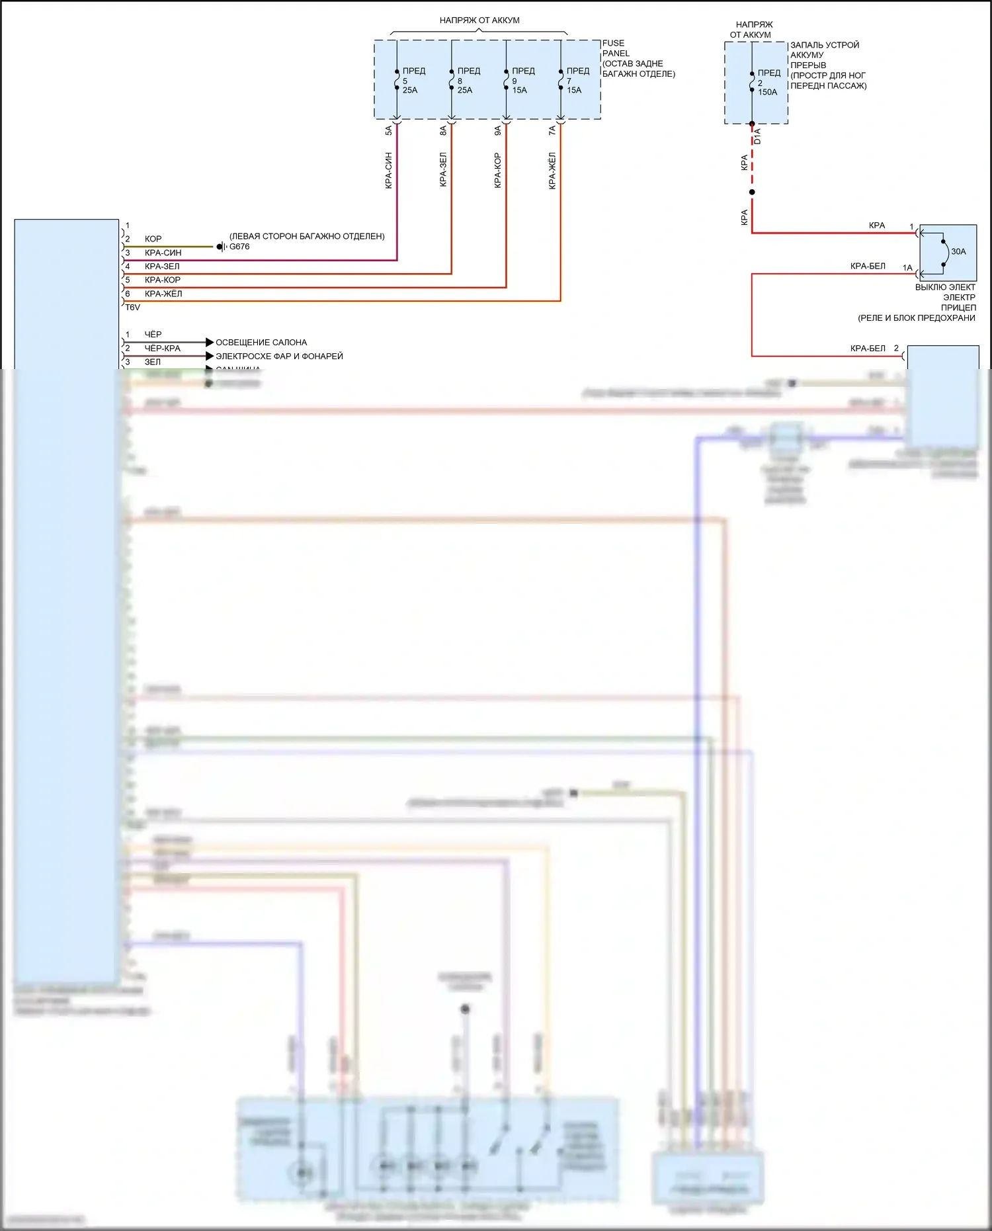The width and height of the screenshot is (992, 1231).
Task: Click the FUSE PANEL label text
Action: pos(614,48)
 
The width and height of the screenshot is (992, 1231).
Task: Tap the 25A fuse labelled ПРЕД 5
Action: pos(397,81)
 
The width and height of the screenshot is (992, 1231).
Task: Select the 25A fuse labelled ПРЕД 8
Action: pos(452,81)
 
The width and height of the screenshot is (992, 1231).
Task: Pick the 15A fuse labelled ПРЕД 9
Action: pos(507,81)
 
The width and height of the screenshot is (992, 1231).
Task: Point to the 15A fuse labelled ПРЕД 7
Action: pos(561,81)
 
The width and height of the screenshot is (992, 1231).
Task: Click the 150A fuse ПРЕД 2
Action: pos(752,83)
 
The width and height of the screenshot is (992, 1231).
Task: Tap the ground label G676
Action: pos(239,247)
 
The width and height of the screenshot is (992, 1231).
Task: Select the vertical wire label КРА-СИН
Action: pos(389,171)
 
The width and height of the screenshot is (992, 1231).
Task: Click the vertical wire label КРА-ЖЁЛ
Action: pos(552,171)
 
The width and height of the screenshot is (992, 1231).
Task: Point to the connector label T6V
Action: pos(132,308)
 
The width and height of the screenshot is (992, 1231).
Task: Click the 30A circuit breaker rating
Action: pos(958,251)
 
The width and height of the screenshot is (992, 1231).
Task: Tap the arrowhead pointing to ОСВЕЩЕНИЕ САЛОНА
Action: pos(210,342)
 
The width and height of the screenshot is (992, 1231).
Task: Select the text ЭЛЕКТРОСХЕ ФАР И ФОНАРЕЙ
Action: pos(279,357)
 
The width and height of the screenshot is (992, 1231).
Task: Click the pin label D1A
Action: pos(758,137)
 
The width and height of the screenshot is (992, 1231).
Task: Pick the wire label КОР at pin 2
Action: pos(153,239)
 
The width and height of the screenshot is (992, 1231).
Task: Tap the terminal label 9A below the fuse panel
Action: pos(498,131)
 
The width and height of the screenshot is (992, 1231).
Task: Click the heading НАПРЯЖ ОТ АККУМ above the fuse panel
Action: pos(479,21)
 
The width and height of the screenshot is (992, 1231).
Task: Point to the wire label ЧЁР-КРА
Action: pos(162,348)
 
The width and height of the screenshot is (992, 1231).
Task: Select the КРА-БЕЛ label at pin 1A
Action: pos(868,266)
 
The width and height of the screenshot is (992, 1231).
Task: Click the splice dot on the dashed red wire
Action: pos(752,192)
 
